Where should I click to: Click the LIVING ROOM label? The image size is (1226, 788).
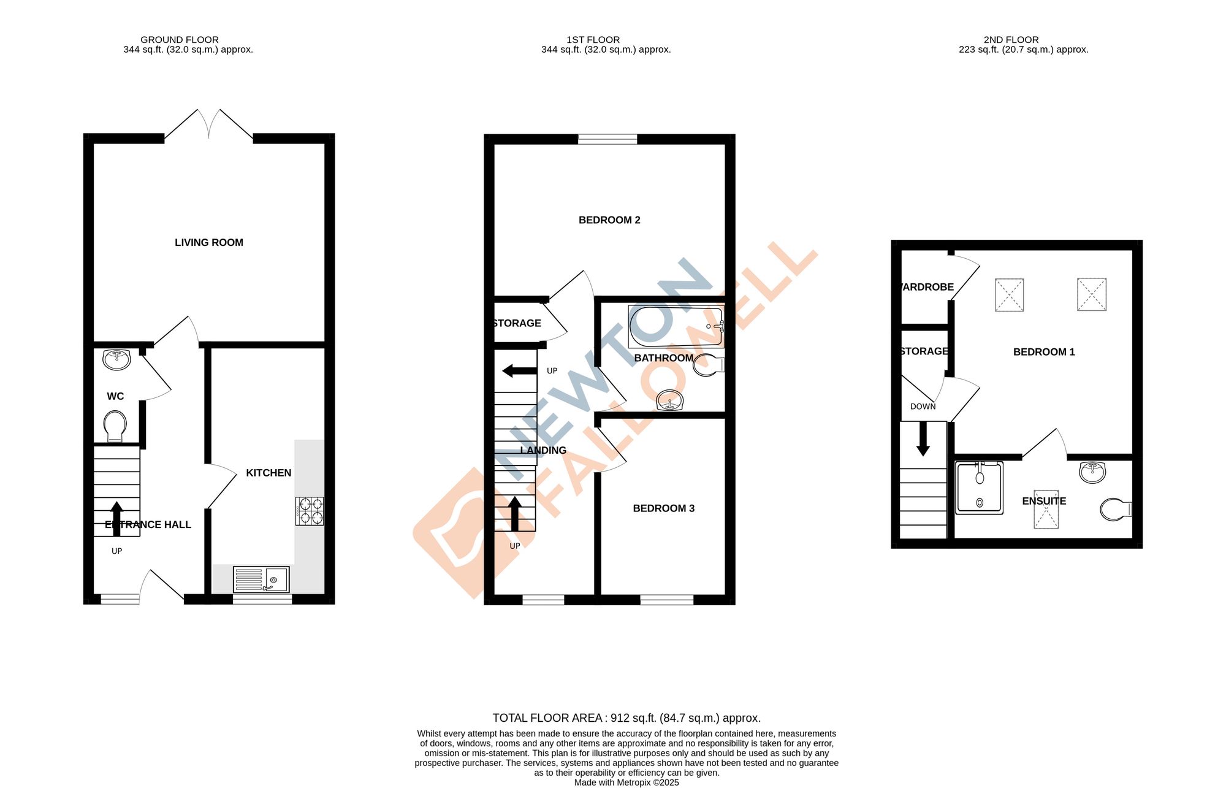pos(208,243)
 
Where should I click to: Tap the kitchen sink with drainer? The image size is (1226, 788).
pos(261,579)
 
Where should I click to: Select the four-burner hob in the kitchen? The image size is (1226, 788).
pos(310,511)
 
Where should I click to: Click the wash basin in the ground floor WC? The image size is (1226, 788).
pos(116,359)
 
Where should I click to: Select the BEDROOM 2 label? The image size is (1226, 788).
pos(609,220)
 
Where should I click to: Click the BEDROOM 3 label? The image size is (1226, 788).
pos(663,508)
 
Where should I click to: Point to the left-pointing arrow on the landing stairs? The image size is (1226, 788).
pos(519,370)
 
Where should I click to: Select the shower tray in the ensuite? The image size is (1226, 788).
pos(980,488)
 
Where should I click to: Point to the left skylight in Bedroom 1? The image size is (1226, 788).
pos(1009,295)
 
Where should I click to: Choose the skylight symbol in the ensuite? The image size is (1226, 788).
pos(1046,509)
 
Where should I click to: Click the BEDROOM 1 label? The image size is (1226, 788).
pos(1043,352)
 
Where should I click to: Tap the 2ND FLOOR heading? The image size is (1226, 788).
pos(1011,40)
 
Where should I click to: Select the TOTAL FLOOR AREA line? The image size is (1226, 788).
pos(626,718)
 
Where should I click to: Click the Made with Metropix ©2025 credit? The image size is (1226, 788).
pos(626,782)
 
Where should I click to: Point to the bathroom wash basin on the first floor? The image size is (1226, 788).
pos(669,400)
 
